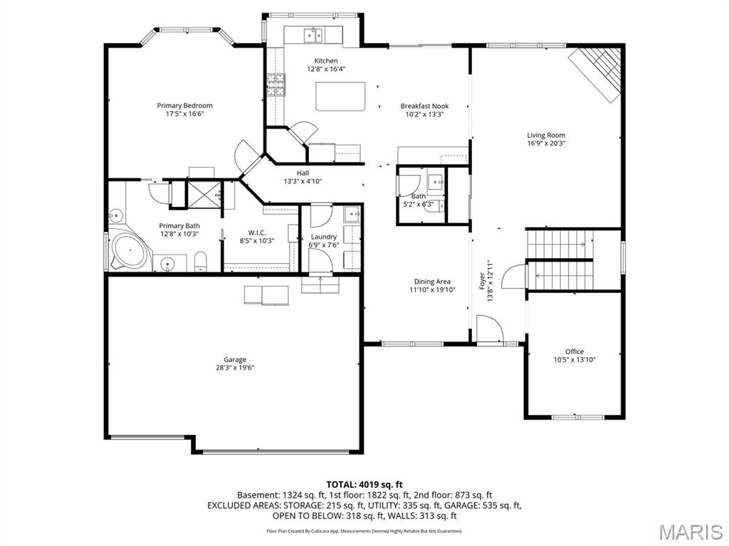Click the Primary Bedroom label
pyautogui.click(x=184, y=106)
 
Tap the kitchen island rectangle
pyautogui.click(x=340, y=96)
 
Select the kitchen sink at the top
pyautogui.click(x=313, y=34)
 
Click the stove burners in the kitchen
pyautogui.click(x=276, y=85)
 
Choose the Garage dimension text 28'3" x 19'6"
pyautogui.click(x=234, y=368)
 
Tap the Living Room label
pyautogui.click(x=546, y=135)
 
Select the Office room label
pyautogui.click(x=574, y=351)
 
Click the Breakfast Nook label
pyautogui.click(x=424, y=106)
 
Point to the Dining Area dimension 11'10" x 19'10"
pyautogui.click(x=432, y=289)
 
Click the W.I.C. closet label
pyautogui.click(x=256, y=232)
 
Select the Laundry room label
pyautogui.click(x=324, y=237)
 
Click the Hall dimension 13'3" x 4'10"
pyautogui.click(x=303, y=181)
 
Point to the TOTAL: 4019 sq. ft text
pyautogui.click(x=364, y=484)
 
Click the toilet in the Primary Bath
pyautogui.click(x=201, y=261)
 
